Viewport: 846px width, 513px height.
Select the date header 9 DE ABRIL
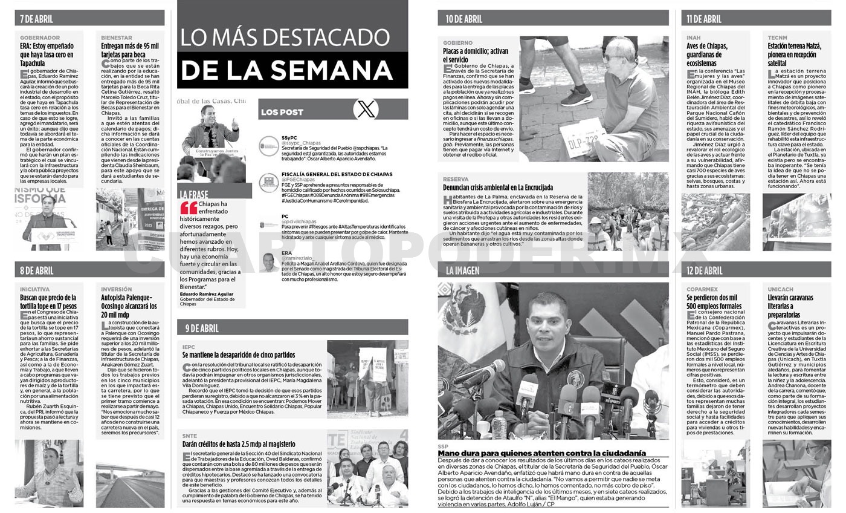(202, 328)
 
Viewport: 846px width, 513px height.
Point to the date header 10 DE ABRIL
(464, 19)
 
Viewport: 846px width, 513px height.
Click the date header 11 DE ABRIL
(704, 19)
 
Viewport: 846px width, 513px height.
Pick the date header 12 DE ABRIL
(705, 270)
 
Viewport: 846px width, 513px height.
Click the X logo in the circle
(366, 109)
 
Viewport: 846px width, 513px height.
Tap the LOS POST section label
(282, 113)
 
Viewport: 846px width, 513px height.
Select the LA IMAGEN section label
(463, 270)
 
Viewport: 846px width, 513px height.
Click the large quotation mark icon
(189, 208)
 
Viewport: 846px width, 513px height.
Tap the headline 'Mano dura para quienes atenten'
(542, 453)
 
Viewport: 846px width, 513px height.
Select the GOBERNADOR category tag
(40, 38)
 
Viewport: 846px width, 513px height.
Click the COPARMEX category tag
(702, 289)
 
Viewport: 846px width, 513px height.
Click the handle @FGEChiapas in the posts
(299, 180)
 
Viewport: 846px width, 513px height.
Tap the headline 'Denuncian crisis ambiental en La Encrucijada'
(498, 188)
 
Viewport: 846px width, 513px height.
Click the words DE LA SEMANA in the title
(286, 70)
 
